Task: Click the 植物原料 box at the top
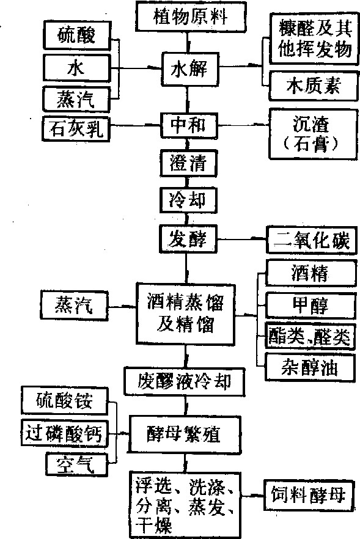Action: [191, 16]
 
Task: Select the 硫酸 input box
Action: [77, 35]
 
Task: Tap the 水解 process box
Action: [189, 68]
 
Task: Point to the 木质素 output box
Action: [312, 86]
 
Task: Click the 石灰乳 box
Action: [76, 129]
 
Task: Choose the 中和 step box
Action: [189, 125]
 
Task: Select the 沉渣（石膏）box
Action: [312, 134]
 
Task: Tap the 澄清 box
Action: [188, 163]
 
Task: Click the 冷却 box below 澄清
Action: [188, 200]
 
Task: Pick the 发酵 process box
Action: [188, 238]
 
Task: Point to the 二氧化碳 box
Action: [312, 240]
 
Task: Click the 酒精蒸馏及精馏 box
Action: [186, 313]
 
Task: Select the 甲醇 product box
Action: [310, 306]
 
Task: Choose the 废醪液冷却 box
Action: [185, 382]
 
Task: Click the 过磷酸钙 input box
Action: [65, 433]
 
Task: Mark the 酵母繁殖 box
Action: [185, 434]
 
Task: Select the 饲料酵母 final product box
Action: [309, 496]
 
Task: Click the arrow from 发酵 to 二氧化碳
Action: [242, 238]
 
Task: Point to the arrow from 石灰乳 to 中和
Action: [136, 126]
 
